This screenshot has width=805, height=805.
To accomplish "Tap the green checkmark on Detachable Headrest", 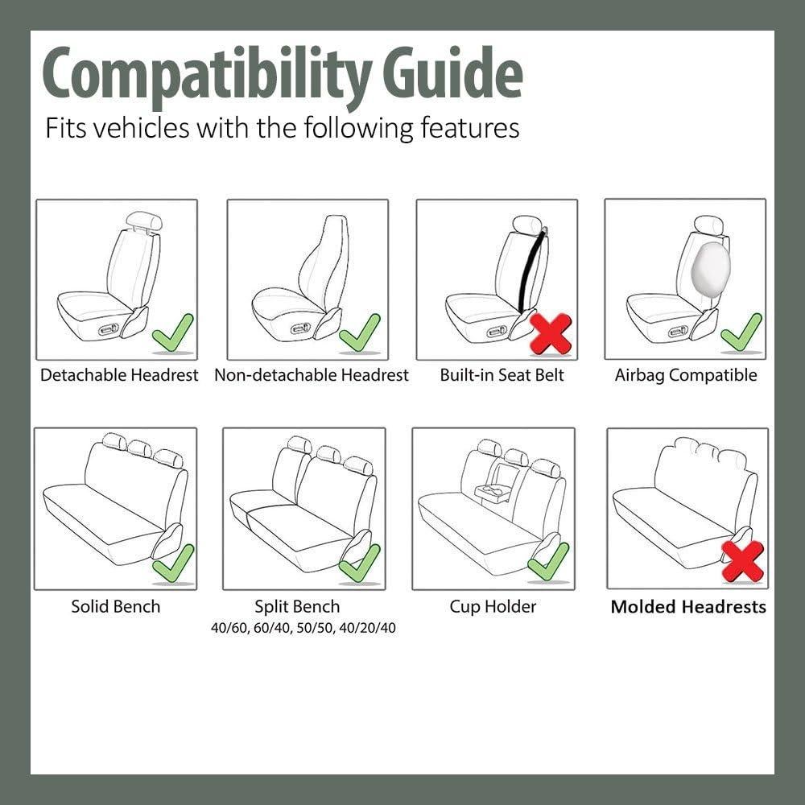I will click(x=173, y=332).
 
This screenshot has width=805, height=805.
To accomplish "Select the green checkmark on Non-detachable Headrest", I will click(x=360, y=332).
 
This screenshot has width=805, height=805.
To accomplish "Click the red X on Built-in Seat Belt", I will click(x=551, y=333).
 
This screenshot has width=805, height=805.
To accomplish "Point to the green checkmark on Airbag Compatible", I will click(x=741, y=332).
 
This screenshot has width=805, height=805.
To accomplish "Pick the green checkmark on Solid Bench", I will click(x=173, y=563).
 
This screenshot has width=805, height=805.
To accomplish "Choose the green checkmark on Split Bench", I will click(x=360, y=563).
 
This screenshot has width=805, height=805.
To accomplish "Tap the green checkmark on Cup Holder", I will click(x=548, y=562).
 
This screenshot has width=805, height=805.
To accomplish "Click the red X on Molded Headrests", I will click(x=742, y=561).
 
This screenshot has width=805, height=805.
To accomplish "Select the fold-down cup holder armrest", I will click(x=492, y=492).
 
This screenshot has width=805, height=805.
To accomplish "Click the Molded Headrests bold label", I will click(x=688, y=607).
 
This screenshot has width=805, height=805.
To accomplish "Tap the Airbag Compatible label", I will click(x=686, y=375).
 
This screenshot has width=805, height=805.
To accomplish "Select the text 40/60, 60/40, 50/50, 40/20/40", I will click(x=303, y=628).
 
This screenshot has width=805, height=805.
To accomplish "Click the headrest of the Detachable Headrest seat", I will click(x=145, y=220).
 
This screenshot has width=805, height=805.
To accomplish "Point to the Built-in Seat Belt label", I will click(x=502, y=375).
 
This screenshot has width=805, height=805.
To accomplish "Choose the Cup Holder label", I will click(x=493, y=607).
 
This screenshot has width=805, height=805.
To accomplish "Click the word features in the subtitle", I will click(x=470, y=128).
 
